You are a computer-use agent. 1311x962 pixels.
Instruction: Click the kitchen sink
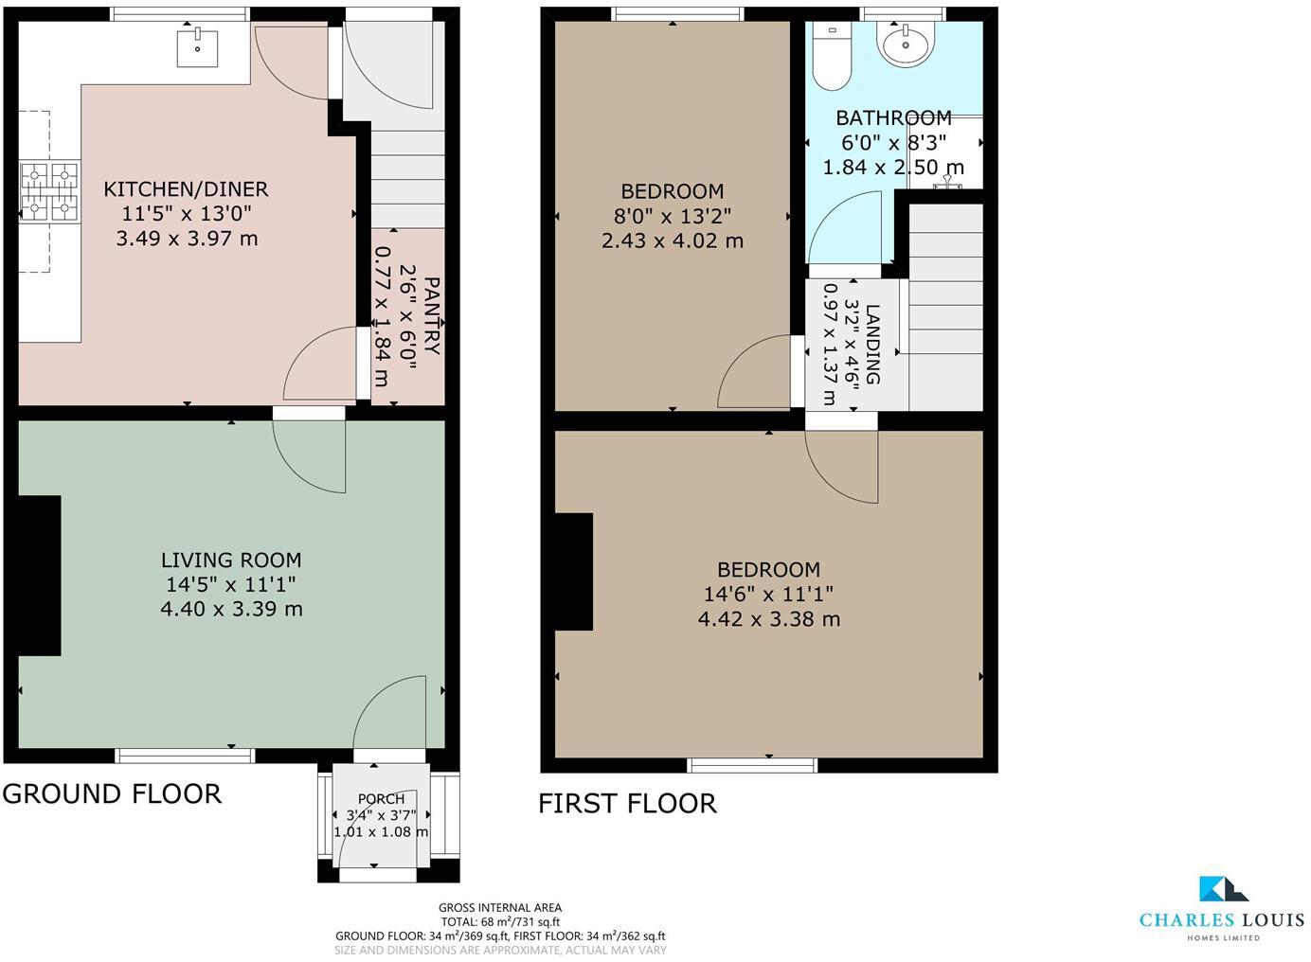[197, 48]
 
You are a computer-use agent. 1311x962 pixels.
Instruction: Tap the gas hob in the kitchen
[50, 190]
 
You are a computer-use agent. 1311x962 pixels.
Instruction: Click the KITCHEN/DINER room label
[186, 189]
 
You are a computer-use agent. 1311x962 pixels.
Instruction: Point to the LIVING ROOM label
[231, 560]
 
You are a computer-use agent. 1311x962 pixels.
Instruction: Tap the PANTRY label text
[431, 316]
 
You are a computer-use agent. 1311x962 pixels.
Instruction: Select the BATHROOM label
[893, 118]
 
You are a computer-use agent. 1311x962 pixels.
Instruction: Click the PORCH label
[381, 799]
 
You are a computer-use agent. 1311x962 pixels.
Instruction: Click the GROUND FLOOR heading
[112, 793]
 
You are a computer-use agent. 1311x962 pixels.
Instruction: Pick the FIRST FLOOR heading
[627, 803]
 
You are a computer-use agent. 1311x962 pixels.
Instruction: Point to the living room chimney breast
[40, 575]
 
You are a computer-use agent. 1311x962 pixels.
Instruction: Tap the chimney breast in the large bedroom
[573, 572]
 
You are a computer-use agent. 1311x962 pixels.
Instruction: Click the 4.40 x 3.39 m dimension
[231, 609]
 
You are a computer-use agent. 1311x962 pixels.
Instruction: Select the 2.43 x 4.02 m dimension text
[673, 240]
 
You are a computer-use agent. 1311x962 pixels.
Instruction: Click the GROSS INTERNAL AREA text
[500, 907]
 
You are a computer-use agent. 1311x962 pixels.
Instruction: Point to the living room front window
[185, 755]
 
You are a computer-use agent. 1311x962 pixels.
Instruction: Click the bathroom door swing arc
[843, 227]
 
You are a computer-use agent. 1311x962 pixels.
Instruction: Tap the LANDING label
[872, 344]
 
